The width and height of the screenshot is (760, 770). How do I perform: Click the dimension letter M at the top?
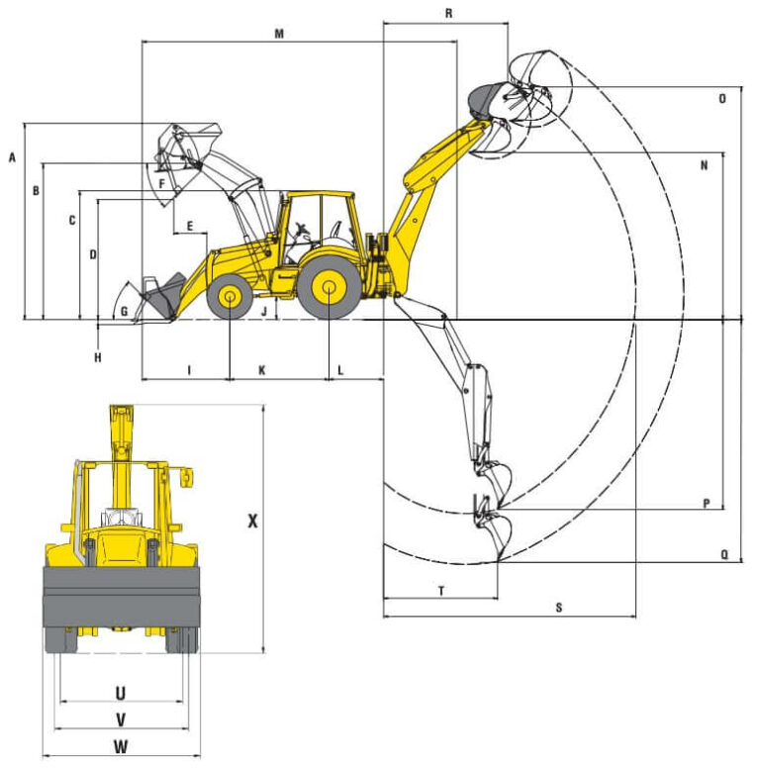click(x=279, y=34)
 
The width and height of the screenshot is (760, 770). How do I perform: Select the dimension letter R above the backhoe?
click(x=449, y=13)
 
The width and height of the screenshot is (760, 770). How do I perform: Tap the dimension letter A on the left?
click(x=12, y=157)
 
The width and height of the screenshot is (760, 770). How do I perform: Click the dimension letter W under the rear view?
click(x=121, y=746)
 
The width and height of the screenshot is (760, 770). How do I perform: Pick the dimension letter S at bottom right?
click(x=559, y=608)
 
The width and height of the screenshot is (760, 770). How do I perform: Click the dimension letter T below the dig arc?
click(x=440, y=590)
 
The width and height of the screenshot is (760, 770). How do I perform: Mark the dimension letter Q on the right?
click(x=724, y=555)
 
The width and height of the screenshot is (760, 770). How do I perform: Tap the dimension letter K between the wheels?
click(x=262, y=369)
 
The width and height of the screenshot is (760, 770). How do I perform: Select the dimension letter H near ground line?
click(x=97, y=357)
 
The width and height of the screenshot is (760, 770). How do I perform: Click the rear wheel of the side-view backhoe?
click(x=330, y=288)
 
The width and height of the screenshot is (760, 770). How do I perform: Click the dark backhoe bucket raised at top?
click(x=485, y=99)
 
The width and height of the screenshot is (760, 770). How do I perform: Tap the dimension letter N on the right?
click(x=704, y=165)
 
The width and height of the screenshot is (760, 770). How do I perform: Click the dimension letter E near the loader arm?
click(x=188, y=227)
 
